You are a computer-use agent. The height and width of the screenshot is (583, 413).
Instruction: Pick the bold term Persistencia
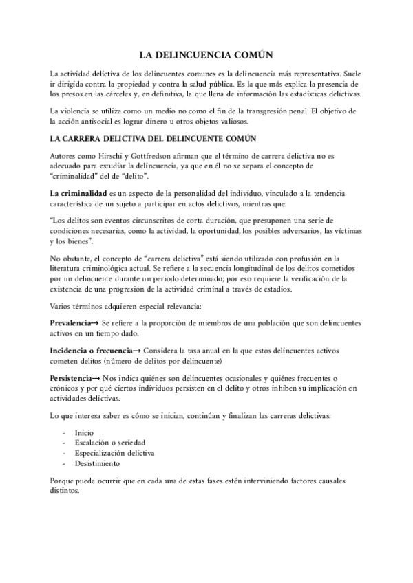coord(71,379)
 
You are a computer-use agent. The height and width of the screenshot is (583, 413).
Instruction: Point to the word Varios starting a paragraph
coord(63,306)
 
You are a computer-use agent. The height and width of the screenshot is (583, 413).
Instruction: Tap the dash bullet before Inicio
coord(64,434)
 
